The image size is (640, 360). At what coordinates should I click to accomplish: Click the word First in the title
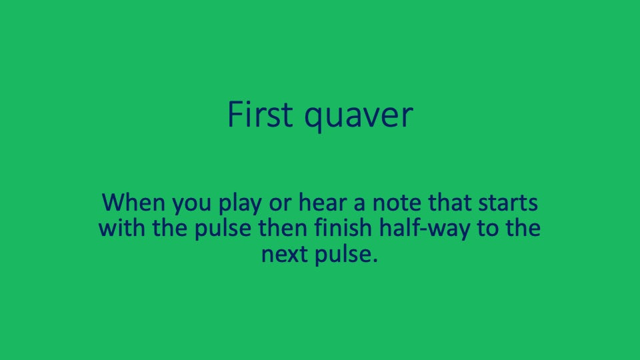(x=260, y=115)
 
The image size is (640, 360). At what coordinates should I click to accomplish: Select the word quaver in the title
(x=359, y=117)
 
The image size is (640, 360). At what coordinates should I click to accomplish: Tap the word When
(x=133, y=201)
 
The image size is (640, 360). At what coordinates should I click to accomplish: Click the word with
(x=121, y=228)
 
